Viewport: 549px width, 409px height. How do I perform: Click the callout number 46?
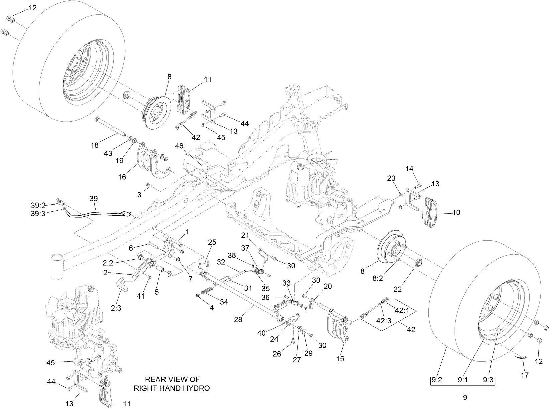pos(179,146)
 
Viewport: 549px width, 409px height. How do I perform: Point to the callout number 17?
pos(525,375)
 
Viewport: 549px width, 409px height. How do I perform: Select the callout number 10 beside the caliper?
pos(456,212)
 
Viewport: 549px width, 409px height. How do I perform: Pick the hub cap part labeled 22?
pos(419,263)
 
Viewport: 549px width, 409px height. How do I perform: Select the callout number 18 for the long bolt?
pos(95,145)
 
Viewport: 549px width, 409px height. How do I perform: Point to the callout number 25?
pos(212,242)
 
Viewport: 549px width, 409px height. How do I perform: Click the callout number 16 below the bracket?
pos(122,177)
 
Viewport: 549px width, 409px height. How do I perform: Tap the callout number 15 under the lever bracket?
pos(340,359)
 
